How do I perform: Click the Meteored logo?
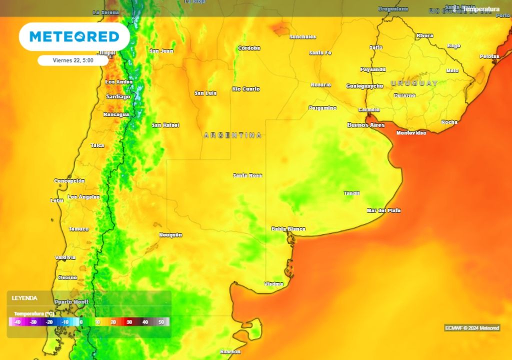coord(74,36)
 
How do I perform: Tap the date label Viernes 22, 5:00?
coord(73,60)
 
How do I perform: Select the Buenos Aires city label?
coord(366,125)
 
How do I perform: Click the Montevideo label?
coord(411,133)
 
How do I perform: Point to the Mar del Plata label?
coord(383,210)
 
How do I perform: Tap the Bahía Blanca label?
coord(288,229)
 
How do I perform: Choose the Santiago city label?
coord(118,96)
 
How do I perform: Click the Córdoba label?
coord(249,48)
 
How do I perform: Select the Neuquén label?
coord(170,234)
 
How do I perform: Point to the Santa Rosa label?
coord(247,175)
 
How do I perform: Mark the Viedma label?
coord(273,284)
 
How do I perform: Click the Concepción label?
coord(69,180)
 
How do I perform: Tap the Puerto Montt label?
coord(71,302)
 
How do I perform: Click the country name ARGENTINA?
coord(232,135)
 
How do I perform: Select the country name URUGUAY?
coord(414,83)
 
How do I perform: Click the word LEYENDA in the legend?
coord(24,298)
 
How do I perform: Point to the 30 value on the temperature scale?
coord(129,322)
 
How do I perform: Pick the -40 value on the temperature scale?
coord(17,322)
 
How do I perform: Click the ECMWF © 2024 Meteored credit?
coord(472,328)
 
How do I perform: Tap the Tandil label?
coord(351,193)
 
